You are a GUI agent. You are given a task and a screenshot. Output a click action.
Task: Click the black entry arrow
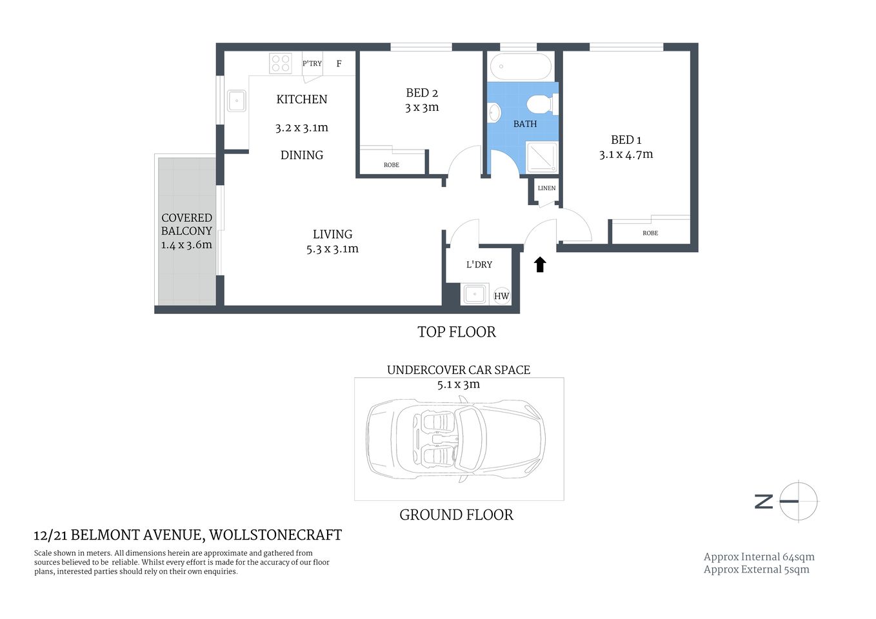(x=540, y=264)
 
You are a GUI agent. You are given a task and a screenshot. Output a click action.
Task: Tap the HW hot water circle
(x=501, y=296)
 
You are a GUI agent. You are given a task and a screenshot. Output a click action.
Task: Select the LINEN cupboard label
(x=546, y=188)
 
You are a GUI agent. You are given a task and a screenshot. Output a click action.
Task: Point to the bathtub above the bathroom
(x=521, y=66)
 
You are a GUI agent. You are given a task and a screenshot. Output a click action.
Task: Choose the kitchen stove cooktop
(x=281, y=63)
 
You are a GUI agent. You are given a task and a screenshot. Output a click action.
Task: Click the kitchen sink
(x=237, y=101)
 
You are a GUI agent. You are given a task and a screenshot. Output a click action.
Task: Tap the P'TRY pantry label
(x=312, y=63)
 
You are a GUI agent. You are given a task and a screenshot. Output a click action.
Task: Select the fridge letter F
(x=339, y=64)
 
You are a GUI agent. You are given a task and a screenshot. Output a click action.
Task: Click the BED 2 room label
(x=422, y=93)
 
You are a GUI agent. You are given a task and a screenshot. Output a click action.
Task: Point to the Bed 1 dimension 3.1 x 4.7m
(x=626, y=155)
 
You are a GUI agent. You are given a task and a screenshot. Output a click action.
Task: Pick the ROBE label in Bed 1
(x=650, y=233)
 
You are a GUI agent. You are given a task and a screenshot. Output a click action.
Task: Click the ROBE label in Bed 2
(x=392, y=165)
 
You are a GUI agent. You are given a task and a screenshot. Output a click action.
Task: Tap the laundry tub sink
(x=475, y=295)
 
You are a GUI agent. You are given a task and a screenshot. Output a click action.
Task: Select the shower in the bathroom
(x=542, y=157)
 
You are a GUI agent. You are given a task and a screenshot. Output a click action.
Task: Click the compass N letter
(x=764, y=501)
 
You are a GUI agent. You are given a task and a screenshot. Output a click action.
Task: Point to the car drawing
(x=456, y=439)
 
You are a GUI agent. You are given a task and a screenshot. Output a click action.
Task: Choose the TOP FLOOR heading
(x=457, y=332)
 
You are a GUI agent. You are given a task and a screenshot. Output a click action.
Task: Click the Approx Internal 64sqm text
(x=759, y=557)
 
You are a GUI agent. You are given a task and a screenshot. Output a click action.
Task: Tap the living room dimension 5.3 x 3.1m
(x=332, y=249)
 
